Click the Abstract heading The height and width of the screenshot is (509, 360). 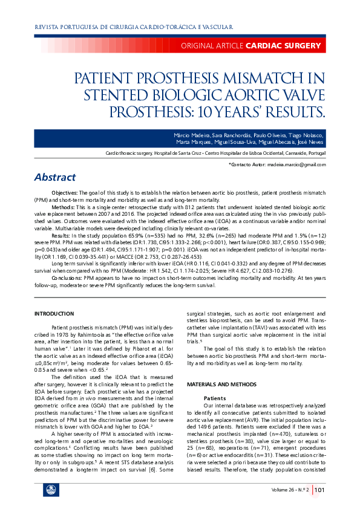55,177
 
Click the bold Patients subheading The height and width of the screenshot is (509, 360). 215,398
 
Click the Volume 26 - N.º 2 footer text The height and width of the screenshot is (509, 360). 290,490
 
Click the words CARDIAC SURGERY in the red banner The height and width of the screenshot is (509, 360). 283,46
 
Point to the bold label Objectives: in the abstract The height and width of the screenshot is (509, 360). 64,192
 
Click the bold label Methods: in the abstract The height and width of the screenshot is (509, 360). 64,207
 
